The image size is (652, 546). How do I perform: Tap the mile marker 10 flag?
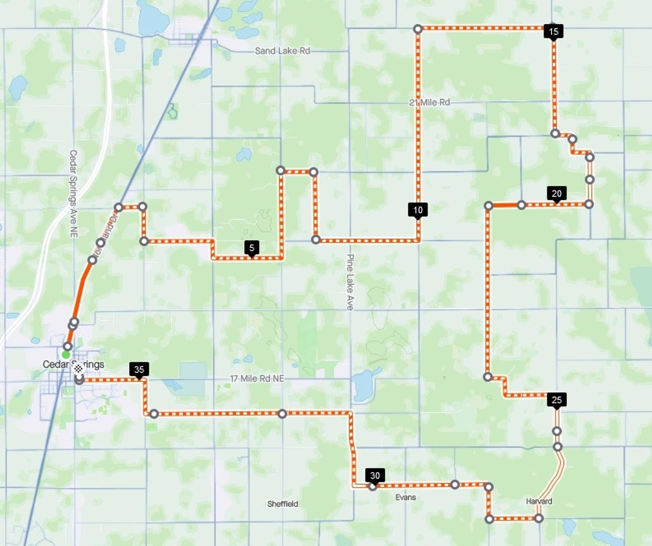click(x=418, y=210)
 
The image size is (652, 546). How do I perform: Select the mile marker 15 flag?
click(x=553, y=32)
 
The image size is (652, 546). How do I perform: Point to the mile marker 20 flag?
click(x=557, y=194)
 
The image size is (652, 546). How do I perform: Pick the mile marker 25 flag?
click(x=557, y=400)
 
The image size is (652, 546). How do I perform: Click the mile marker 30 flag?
click(x=375, y=476)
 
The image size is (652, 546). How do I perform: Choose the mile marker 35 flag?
click(x=139, y=369)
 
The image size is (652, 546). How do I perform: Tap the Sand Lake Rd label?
click(x=282, y=50)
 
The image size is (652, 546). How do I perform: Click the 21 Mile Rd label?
click(x=430, y=102)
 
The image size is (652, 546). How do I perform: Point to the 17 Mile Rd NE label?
click(x=257, y=378)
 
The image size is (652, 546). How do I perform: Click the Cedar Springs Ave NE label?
click(x=73, y=193)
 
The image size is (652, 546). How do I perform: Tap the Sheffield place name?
click(x=282, y=504)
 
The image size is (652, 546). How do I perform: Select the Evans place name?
click(x=405, y=497)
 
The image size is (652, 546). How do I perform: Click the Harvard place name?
click(x=539, y=501)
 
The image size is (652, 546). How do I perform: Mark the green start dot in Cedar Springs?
click(x=66, y=355)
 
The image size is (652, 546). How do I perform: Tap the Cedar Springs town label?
click(x=73, y=365)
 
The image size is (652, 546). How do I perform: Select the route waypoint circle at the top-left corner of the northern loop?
click(x=417, y=29)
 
